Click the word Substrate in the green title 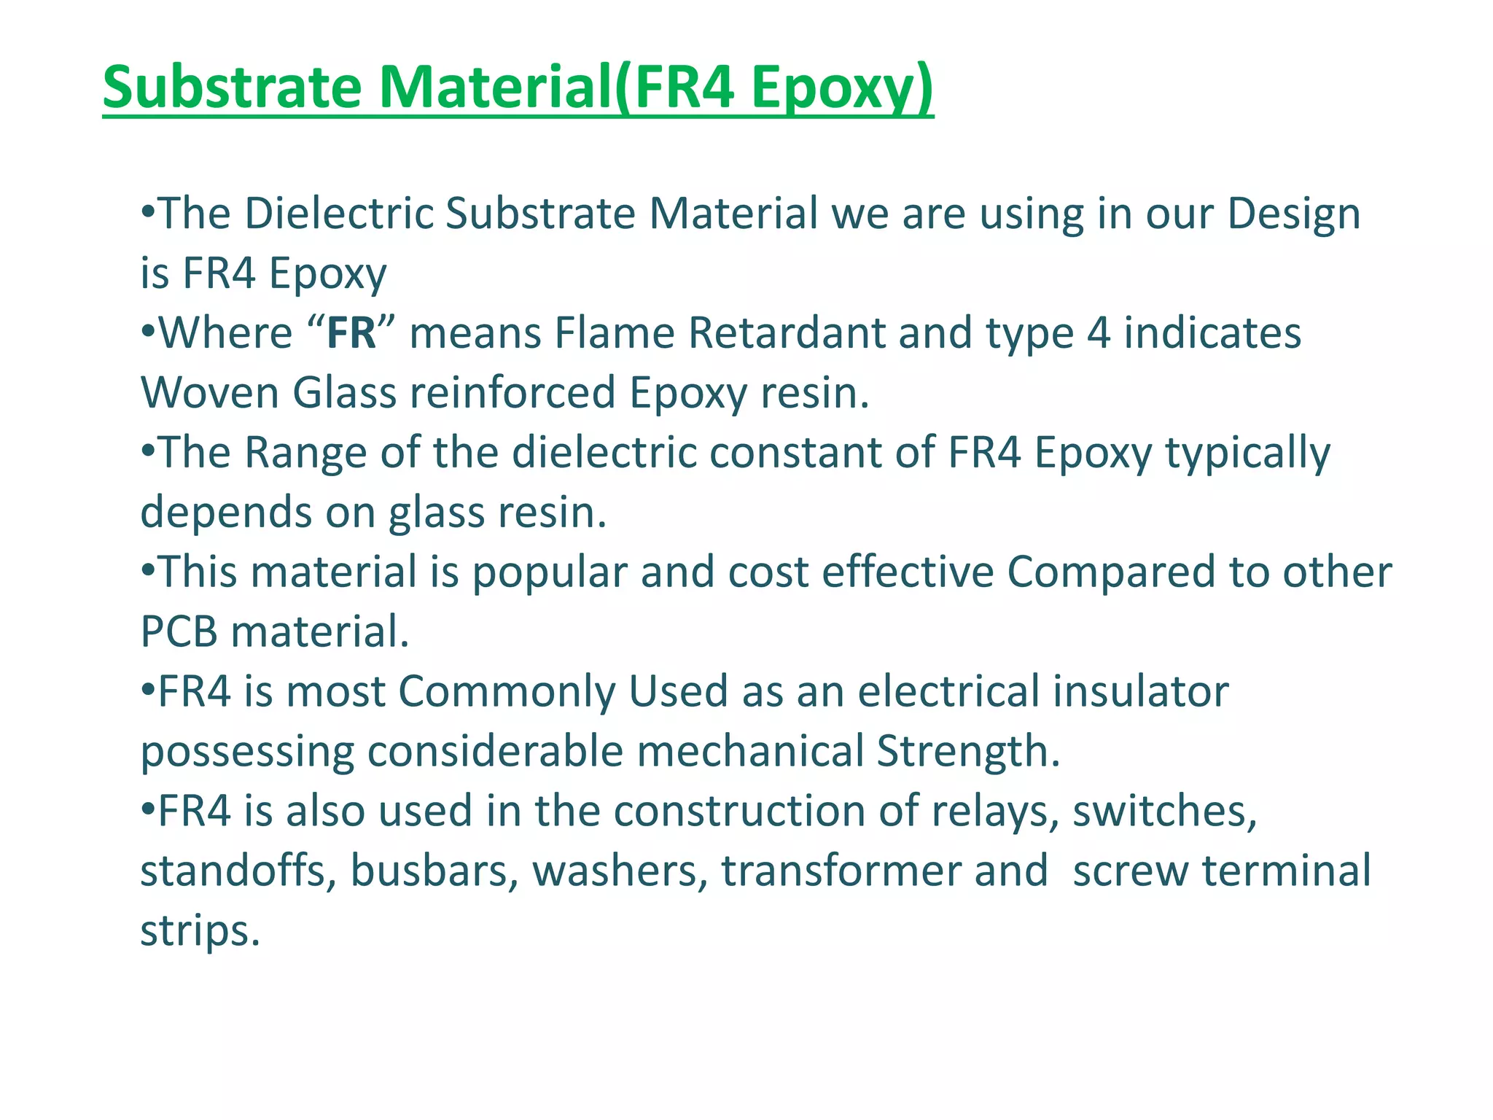(232, 87)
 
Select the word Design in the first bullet (1293, 214)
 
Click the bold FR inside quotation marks (351, 333)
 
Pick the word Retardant (786, 333)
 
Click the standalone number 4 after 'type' (1098, 333)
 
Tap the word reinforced (512, 393)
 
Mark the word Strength (967, 752)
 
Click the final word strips (199, 931)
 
